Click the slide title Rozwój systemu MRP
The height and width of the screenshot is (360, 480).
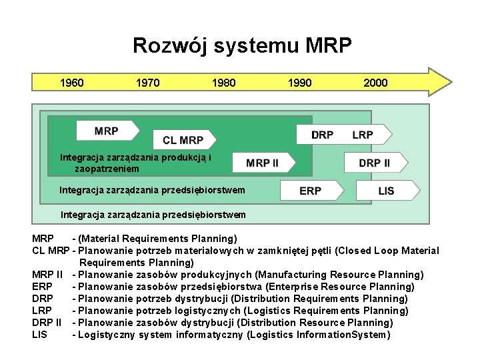click(241, 45)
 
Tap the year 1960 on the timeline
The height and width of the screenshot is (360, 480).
click(72, 83)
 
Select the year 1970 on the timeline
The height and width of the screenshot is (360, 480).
click(147, 83)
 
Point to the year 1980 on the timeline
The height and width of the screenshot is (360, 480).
click(223, 83)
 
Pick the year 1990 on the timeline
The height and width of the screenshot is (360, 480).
click(299, 83)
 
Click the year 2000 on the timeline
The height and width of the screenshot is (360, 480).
click(375, 83)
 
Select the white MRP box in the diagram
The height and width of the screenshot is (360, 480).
click(107, 131)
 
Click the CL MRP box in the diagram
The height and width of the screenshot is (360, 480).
click(183, 140)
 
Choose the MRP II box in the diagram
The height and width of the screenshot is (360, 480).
click(262, 163)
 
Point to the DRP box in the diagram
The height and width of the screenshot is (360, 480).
click(323, 135)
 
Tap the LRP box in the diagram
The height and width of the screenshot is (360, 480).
click(363, 135)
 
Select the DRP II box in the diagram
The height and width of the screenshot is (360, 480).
click(374, 163)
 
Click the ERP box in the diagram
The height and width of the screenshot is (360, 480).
click(310, 191)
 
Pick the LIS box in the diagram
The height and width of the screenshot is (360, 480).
click(386, 191)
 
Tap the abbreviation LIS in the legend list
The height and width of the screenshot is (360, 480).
click(39, 335)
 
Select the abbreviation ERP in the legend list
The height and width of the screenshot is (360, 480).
click(42, 287)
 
